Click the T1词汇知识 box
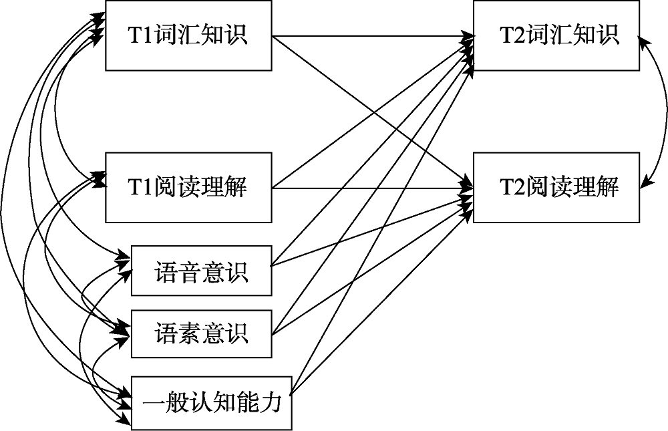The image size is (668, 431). pos(188,35)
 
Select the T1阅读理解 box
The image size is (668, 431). pos(188,187)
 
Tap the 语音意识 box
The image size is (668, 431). pos(201,271)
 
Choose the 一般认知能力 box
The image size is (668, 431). pos(212,403)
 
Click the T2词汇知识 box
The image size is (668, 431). pos(556,35)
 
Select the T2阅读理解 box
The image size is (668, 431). pos(556,187)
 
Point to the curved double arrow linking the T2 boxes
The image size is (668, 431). pos(665,110)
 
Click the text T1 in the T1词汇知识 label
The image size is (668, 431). pos(140,35)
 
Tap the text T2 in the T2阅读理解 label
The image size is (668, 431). pos(512,188)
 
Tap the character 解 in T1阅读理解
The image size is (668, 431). pos(237,188)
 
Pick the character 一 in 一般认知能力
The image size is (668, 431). pos(152,404)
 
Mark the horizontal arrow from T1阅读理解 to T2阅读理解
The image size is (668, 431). pos(374,188)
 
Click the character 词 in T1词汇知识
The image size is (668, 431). pos(165,35)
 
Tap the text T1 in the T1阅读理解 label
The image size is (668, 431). pos(140,188)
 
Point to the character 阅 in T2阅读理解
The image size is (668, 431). pos(536,188)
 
